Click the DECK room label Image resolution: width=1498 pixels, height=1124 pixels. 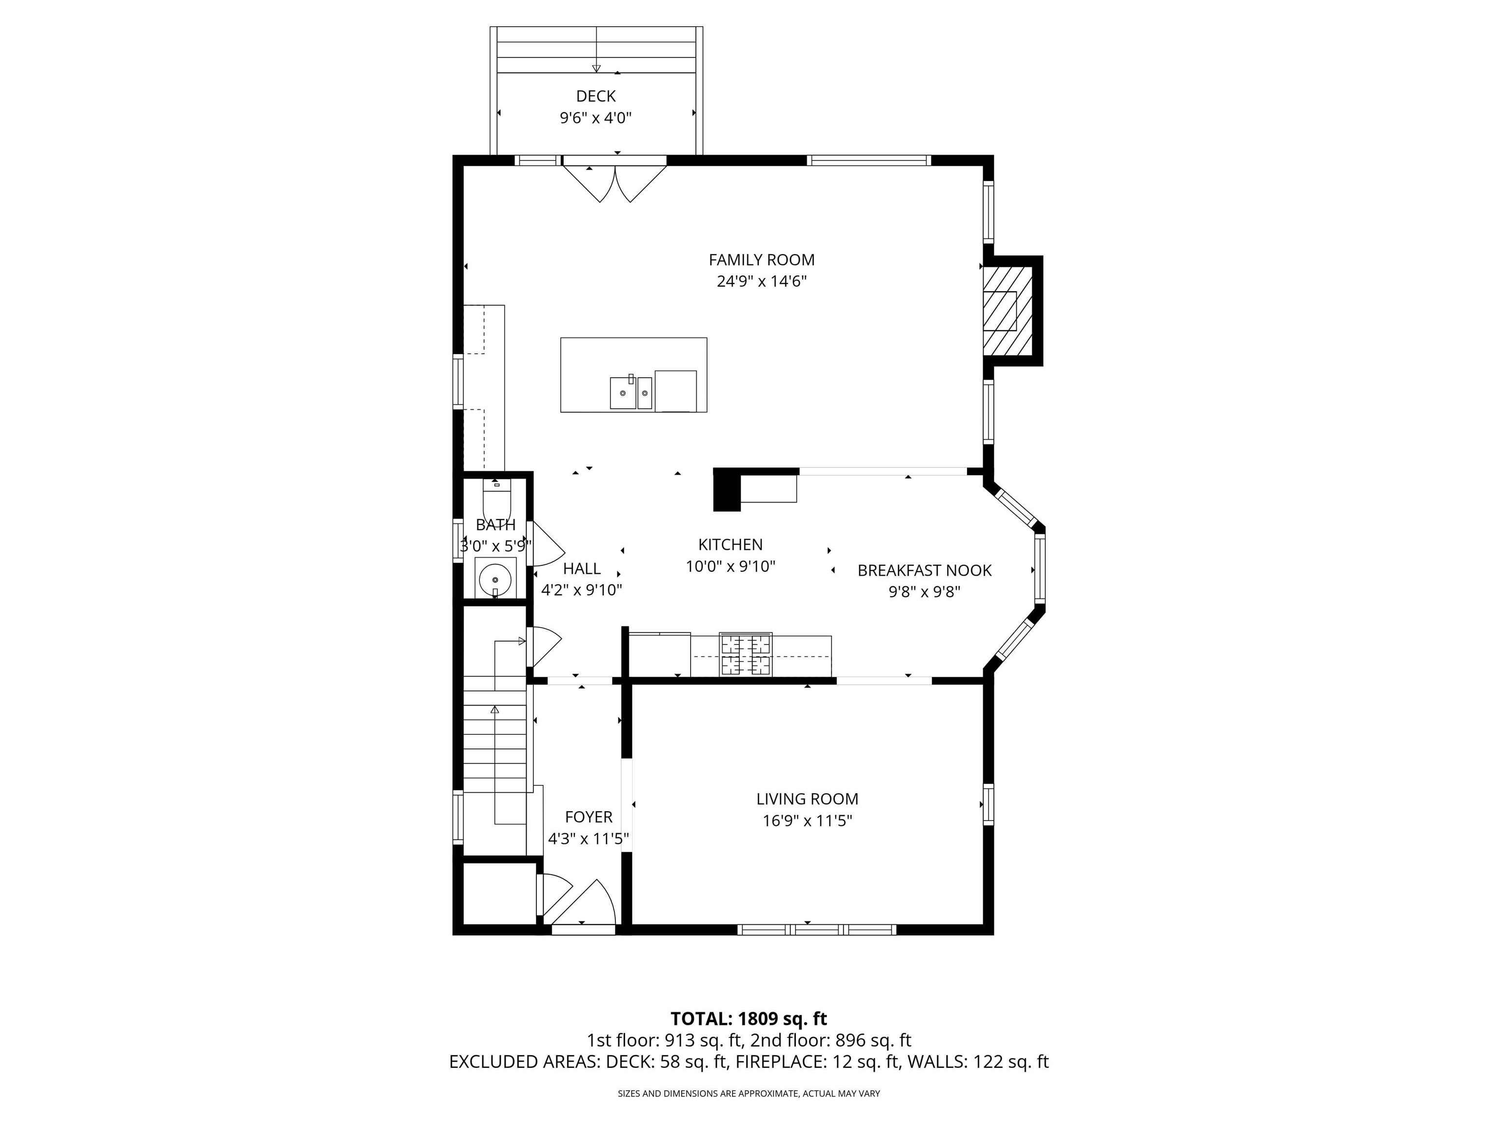click(595, 96)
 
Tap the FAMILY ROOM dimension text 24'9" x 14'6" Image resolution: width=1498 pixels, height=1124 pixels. click(761, 281)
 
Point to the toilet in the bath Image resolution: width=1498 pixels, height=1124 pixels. click(496, 500)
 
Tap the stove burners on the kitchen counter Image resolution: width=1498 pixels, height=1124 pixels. click(746, 655)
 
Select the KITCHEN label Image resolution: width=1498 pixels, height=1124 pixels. click(730, 544)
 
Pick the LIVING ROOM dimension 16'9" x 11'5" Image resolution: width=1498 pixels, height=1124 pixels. click(807, 821)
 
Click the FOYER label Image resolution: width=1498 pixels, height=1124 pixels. click(589, 817)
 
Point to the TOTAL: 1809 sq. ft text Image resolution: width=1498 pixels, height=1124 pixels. click(749, 1018)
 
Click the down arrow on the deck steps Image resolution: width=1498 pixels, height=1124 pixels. click(596, 66)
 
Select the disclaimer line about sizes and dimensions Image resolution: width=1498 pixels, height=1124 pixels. click(749, 1094)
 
